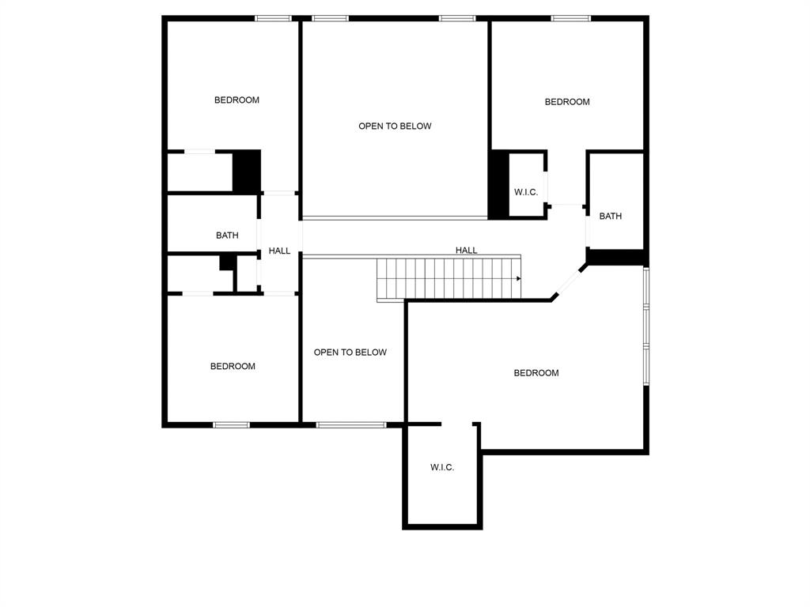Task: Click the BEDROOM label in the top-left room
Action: click(x=237, y=100)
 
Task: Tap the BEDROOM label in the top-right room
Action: click(x=567, y=102)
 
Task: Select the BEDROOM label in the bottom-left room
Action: click(x=233, y=367)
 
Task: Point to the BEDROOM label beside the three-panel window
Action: click(x=536, y=373)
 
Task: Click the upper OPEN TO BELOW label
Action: click(x=395, y=126)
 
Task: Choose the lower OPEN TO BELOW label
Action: click(x=350, y=353)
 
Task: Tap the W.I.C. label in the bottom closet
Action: click(x=442, y=468)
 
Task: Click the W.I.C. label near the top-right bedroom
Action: click(x=526, y=193)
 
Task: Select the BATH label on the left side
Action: click(x=227, y=236)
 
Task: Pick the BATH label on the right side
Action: click(x=610, y=217)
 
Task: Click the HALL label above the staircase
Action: click(x=466, y=251)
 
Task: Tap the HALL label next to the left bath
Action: click(x=279, y=251)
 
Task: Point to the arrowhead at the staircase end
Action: click(x=518, y=278)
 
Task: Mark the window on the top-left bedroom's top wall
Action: click(x=273, y=18)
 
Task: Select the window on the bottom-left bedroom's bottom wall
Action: click(x=231, y=425)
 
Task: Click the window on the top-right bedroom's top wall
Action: click(x=570, y=18)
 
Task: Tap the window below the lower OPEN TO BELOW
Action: click(x=351, y=425)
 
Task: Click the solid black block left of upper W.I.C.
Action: click(x=498, y=185)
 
